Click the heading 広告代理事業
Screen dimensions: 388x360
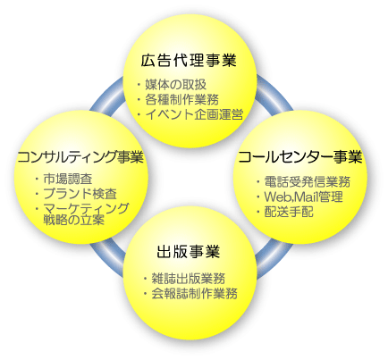[189, 61]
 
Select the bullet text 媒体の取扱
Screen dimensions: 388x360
[175, 85]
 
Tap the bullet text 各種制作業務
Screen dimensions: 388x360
[181, 99]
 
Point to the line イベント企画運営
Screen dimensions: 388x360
[194, 114]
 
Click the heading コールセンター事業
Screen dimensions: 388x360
[300, 157]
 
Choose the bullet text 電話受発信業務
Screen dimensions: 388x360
[308, 181]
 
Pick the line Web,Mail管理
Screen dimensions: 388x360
[303, 197]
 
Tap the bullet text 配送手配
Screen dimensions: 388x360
[289, 212]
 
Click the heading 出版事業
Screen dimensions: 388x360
[189, 252]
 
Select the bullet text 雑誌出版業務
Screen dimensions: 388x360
[189, 279]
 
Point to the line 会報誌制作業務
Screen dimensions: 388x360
[194, 293]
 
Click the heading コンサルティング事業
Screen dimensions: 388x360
[80, 157]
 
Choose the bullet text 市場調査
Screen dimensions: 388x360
[68, 179]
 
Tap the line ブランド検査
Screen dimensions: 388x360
[80, 194]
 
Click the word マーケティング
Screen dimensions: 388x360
[86, 209]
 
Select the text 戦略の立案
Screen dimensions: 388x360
[73, 220]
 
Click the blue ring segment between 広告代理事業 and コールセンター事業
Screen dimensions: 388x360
[274, 95]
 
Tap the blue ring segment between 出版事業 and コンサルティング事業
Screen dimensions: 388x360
[108, 259]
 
